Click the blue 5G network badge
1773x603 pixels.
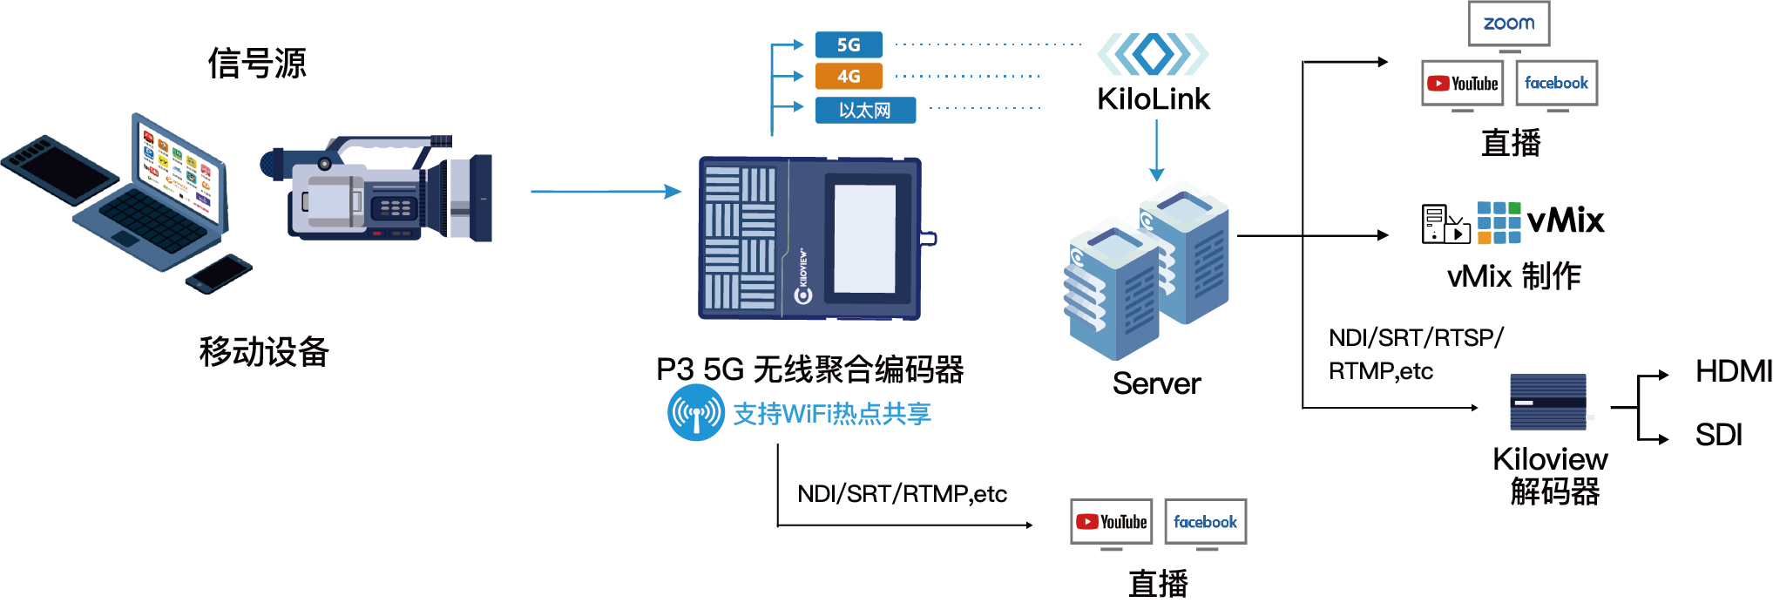[848, 44]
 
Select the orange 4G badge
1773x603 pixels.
[848, 76]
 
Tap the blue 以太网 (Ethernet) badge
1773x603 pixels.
[864, 111]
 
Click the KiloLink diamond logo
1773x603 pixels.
[1153, 54]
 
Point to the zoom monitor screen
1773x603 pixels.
[1508, 24]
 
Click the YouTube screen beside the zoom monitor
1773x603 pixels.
[1462, 84]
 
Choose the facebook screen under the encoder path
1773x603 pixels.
[1205, 522]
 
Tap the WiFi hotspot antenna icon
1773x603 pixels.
[695, 413]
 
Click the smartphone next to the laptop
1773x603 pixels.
[218, 274]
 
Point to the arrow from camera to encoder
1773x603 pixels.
[605, 192]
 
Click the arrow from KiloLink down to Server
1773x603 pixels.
[1156, 150]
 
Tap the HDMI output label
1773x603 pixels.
[1732, 371]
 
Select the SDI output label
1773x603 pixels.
[1718, 434]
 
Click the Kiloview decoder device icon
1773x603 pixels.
[1547, 402]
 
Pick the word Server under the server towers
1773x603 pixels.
[1156, 383]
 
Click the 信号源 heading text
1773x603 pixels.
[257, 64]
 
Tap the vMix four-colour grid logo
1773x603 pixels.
[1499, 222]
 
